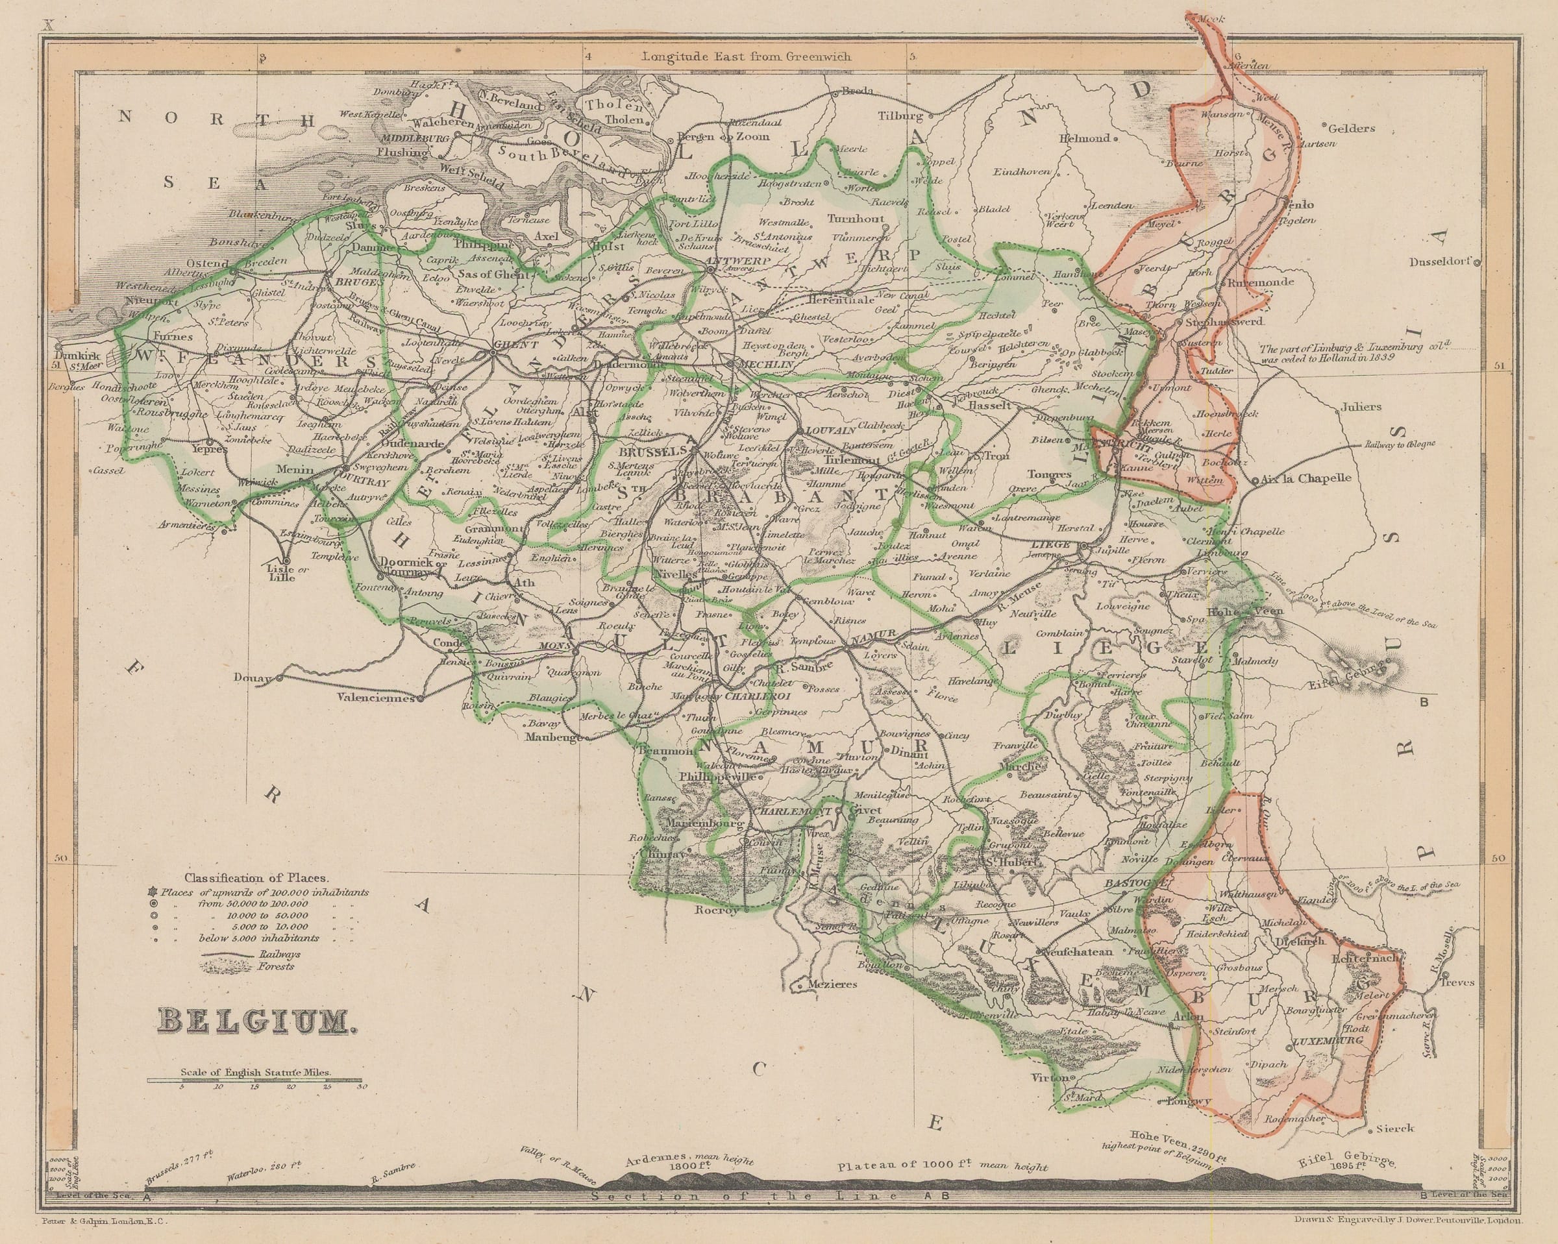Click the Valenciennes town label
[x=375, y=699]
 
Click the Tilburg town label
[x=900, y=116]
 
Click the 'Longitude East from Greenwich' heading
[x=747, y=56]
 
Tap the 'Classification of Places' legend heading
[x=256, y=879]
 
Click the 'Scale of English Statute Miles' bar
[x=256, y=1079]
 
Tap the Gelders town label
[x=1351, y=128]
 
